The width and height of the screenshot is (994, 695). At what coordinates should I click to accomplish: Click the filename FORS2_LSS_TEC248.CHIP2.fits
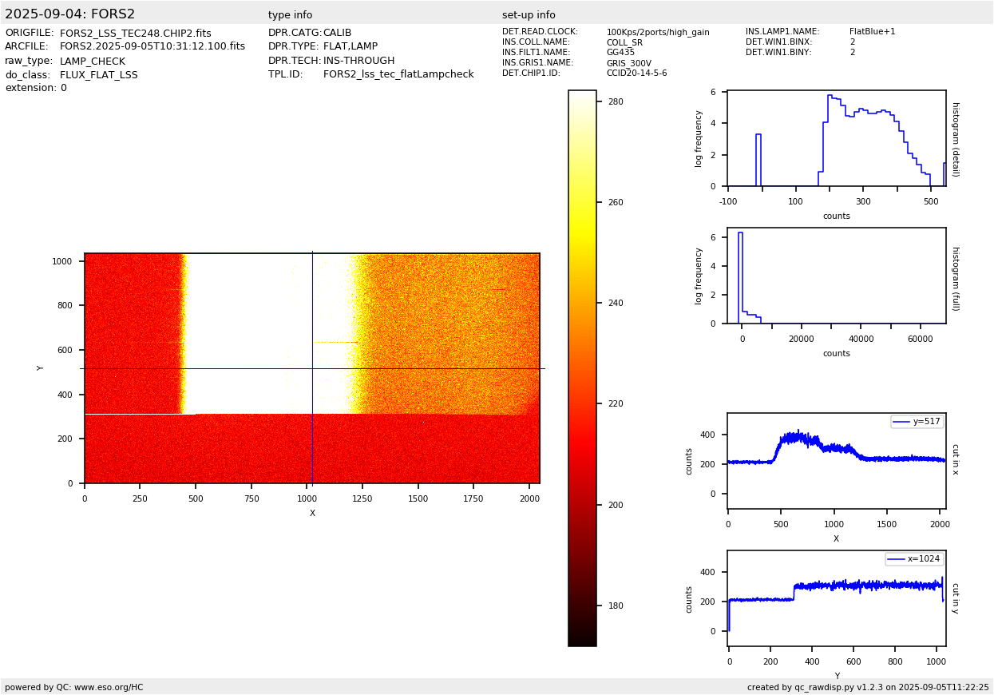[x=136, y=34]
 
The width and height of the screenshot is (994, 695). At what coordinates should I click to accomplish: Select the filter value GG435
[x=620, y=52]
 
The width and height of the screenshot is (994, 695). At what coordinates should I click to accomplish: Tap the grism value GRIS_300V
[x=629, y=63]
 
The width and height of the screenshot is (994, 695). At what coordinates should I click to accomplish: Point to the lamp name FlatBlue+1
[x=872, y=31]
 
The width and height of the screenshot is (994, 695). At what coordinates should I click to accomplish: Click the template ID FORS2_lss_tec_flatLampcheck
[x=398, y=74]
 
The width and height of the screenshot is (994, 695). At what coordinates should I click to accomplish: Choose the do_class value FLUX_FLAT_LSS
[x=98, y=75]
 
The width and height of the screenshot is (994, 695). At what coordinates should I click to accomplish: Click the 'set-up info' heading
[x=529, y=15]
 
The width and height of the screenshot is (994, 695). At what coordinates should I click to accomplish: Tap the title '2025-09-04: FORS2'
[x=69, y=14]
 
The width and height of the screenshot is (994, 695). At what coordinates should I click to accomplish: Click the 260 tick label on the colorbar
[x=616, y=202]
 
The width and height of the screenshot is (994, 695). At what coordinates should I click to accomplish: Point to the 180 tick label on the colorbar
[x=616, y=606]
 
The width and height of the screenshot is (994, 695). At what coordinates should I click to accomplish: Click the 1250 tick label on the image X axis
[x=362, y=498]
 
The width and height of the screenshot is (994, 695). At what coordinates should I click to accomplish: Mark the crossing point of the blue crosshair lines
[x=312, y=368]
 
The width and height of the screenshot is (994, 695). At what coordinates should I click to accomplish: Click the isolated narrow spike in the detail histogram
[x=758, y=160]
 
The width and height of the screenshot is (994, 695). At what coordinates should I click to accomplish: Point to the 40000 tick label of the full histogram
[x=861, y=340]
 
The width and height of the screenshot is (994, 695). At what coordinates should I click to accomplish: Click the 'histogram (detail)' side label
[x=956, y=140]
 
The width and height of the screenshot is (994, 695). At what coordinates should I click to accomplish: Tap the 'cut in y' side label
[x=956, y=598]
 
